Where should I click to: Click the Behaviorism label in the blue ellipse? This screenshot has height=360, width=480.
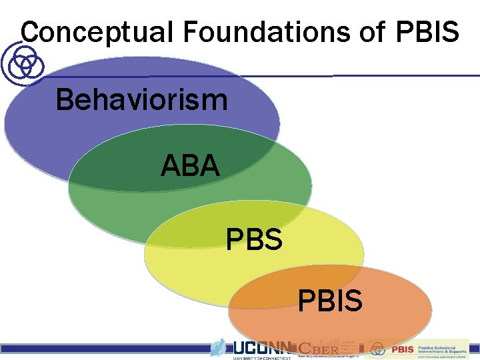click(x=141, y=101)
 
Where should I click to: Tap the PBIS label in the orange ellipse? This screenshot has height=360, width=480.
click(x=330, y=301)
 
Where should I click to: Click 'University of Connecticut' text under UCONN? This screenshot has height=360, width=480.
click(x=261, y=357)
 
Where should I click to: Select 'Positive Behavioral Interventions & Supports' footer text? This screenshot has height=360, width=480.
click(x=443, y=349)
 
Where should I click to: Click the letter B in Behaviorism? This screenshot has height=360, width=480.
click(x=65, y=101)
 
